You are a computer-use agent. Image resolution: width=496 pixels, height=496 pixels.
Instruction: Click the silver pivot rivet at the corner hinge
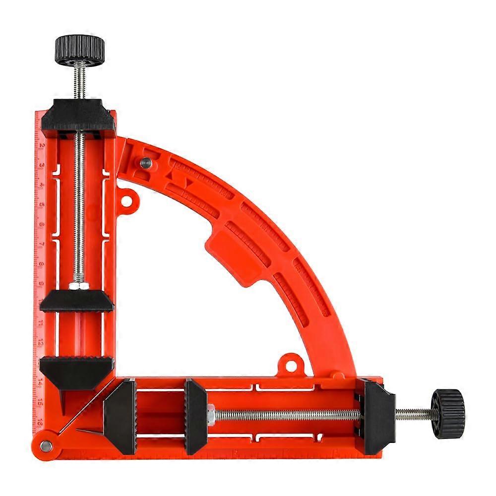(46, 446)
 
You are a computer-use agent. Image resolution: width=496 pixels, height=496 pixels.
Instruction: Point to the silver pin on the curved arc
(145, 162)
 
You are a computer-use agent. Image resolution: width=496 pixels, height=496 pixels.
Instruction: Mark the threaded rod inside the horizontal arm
(288, 414)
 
